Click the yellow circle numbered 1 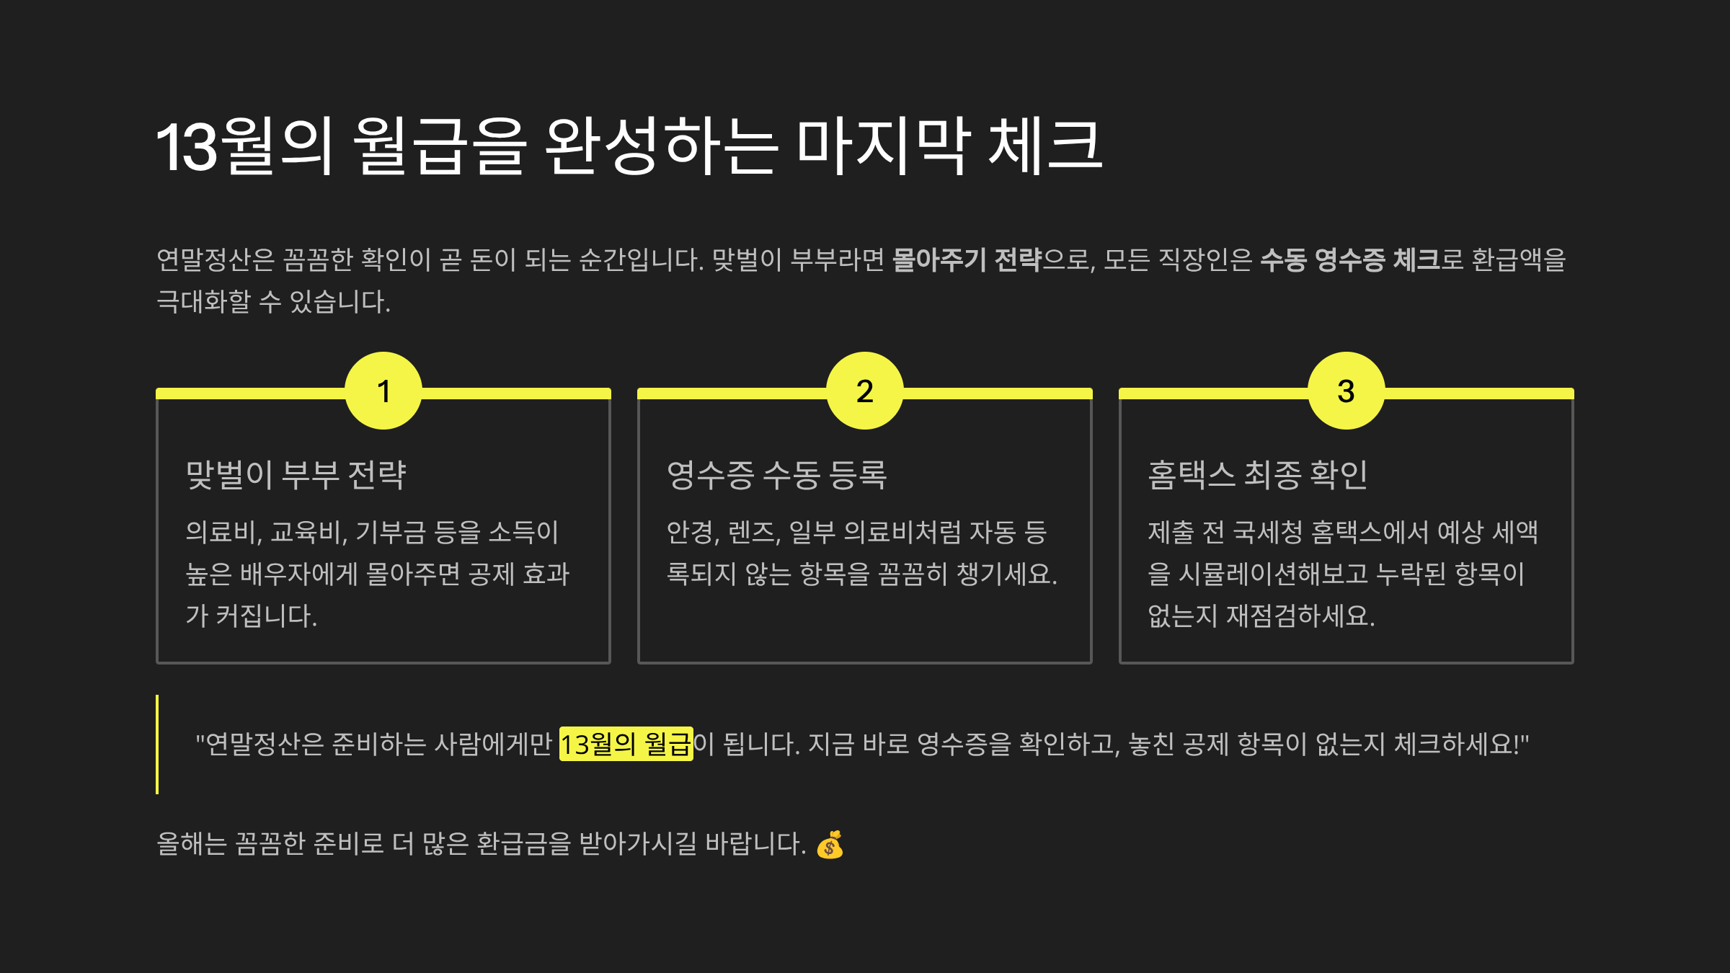383,391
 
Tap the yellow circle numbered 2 864,391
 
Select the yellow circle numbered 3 1346,391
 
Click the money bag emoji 830,845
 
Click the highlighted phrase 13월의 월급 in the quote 626,744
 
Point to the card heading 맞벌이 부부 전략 296,475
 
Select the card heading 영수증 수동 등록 776,475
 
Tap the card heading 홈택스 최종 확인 1257,475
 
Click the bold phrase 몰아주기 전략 967,260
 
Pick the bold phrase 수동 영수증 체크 1349,260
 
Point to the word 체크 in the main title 1045,147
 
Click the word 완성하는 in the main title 660,147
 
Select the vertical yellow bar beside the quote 157,744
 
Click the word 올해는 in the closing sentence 192,844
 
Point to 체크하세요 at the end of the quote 1456,744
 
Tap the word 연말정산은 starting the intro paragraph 216,260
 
